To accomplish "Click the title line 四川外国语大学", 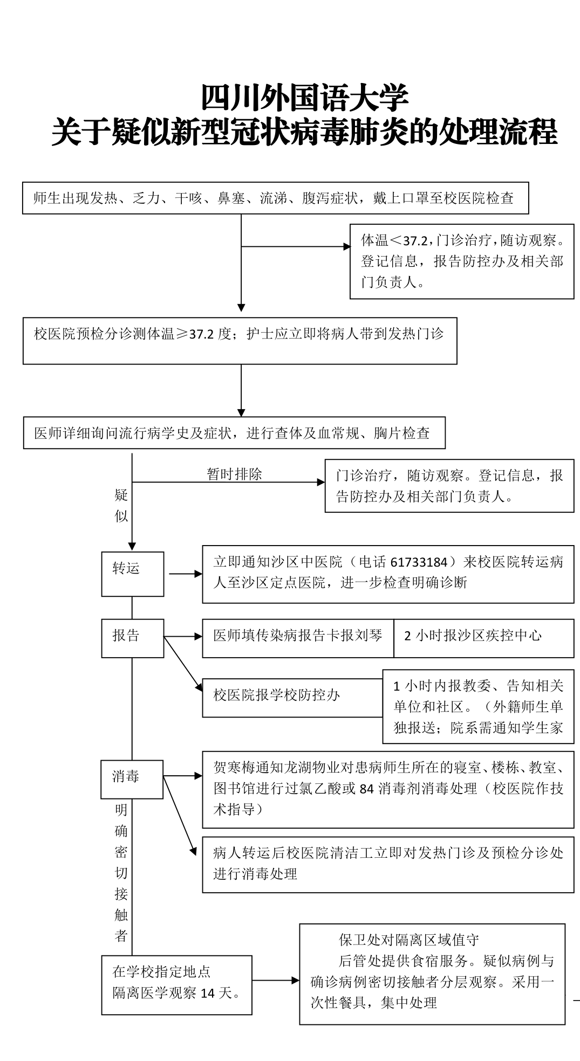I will pos(305,98).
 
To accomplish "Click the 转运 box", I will pos(132,574).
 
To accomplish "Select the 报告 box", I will pos(132,638).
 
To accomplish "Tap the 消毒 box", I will pos(132,779).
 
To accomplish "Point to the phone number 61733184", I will pos(419,562).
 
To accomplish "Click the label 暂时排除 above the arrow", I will pos(234,474).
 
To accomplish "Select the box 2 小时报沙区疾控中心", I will pos(483,638).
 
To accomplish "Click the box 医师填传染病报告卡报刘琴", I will pos(298,638).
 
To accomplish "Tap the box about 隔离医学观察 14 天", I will pos(176,985).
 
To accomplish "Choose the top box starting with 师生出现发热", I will pos(275,198).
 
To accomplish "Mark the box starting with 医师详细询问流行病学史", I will pos(234,432).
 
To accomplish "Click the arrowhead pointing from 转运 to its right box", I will pos(198,574).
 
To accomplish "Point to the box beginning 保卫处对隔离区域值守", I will pos(432,974).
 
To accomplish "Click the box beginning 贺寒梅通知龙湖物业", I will pos(388,789).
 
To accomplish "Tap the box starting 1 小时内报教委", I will pos(478,706).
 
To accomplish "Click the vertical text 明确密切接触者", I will pos(121,873).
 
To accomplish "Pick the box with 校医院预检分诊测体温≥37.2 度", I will pos(240,341).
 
